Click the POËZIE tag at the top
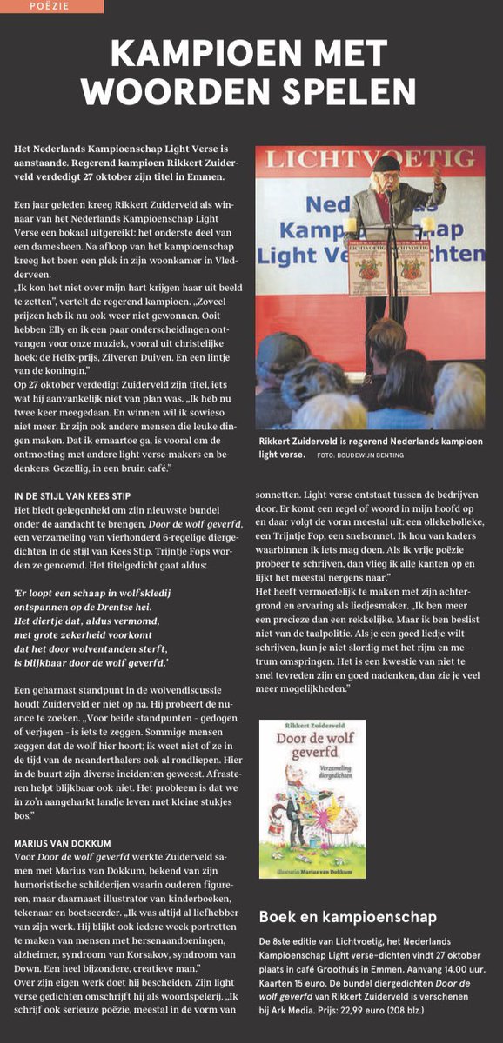point(50,6)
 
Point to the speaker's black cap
point(386,163)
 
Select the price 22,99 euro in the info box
point(341,1012)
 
